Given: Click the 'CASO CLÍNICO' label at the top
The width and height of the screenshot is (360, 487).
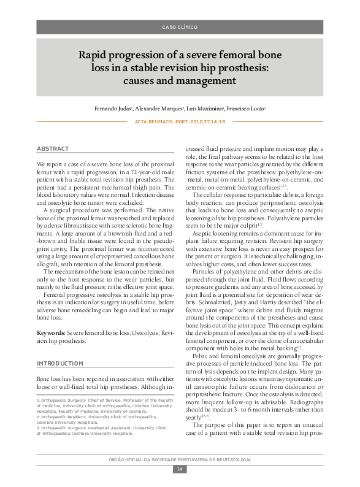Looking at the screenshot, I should pyautogui.click(x=180, y=28).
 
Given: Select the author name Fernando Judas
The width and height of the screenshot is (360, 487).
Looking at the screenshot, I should pyautogui.click(x=130, y=109).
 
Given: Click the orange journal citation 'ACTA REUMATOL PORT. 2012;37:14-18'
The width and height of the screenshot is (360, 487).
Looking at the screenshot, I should pyautogui.click(x=180, y=122).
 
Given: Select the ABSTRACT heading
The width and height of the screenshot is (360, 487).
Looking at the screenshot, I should pyautogui.click(x=53, y=149).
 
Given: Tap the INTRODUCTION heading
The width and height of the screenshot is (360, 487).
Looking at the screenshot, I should pyautogui.click(x=60, y=364).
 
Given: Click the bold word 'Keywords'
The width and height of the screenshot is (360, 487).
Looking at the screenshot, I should pyautogui.click(x=51, y=333).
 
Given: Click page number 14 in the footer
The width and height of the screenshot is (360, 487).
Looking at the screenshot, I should pyautogui.click(x=180, y=469).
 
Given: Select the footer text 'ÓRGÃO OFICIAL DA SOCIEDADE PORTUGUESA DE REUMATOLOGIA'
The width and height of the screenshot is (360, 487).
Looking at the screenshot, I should pyautogui.click(x=180, y=459).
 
